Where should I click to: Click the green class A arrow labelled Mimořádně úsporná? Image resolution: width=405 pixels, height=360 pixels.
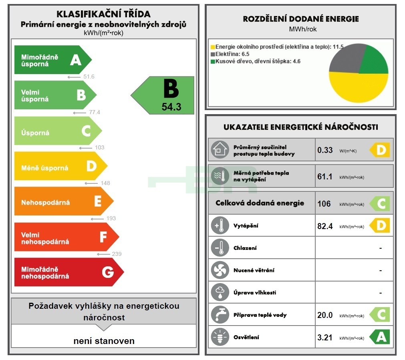[x=52, y=60]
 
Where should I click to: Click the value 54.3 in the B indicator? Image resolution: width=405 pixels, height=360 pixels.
[x=171, y=107]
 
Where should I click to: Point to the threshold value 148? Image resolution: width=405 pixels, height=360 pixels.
[x=105, y=183]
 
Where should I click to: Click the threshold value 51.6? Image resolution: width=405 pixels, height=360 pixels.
[x=88, y=76]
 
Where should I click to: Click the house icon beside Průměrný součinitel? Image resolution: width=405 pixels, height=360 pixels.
[x=220, y=150]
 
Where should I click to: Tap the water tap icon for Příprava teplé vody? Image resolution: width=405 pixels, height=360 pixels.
[x=220, y=315]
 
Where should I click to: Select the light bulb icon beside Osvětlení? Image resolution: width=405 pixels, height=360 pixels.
[x=220, y=337]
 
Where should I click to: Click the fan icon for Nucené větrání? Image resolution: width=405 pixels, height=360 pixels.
[x=220, y=270]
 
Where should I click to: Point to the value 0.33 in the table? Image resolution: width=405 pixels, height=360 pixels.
[x=325, y=150]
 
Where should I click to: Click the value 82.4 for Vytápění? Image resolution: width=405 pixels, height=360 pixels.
[x=325, y=226]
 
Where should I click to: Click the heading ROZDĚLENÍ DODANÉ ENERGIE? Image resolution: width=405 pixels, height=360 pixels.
[x=301, y=19]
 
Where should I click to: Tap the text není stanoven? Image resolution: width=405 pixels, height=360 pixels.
[x=104, y=341]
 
